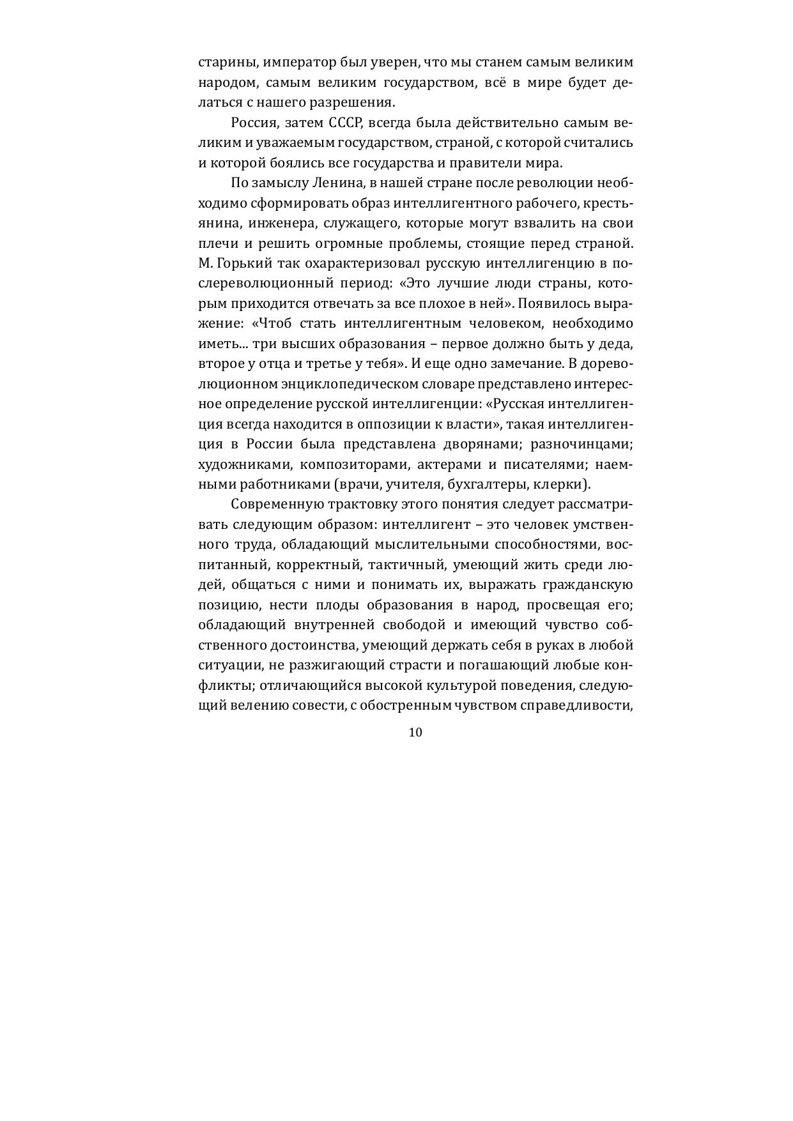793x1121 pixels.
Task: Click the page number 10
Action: pos(415,732)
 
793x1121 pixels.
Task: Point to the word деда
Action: pos(617,344)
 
